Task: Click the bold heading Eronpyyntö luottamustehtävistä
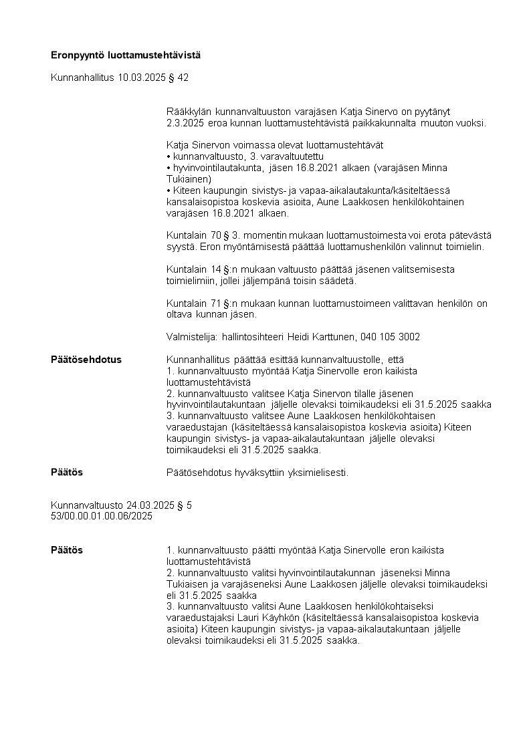click(x=126, y=55)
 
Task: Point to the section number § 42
click(x=179, y=78)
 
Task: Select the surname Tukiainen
click(x=188, y=179)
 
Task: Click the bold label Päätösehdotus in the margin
click(x=86, y=360)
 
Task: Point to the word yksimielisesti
click(x=317, y=473)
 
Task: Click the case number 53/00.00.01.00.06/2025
click(x=102, y=516)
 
